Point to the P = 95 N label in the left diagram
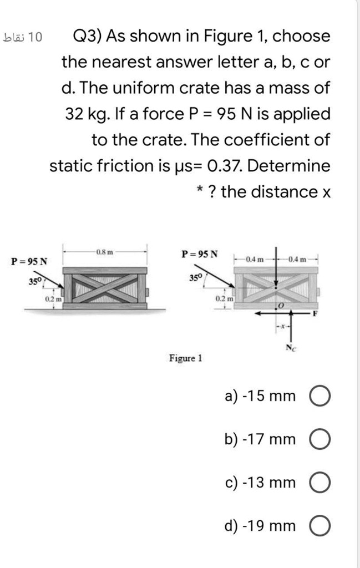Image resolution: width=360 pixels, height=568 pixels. click(x=29, y=261)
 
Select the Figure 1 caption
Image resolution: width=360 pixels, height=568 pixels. click(x=186, y=358)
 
